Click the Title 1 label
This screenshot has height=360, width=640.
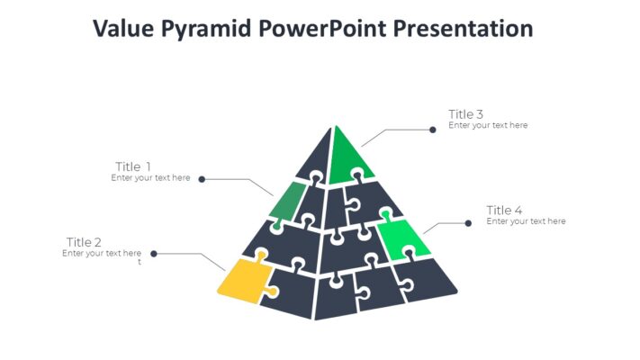point(133,166)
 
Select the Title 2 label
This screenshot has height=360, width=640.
point(84,242)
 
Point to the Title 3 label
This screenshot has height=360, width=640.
point(466,114)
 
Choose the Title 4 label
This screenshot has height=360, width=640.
point(504,211)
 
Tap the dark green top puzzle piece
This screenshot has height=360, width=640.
point(347,157)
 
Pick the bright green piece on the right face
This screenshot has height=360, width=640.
point(402,237)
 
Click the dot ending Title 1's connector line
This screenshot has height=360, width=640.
point(202,179)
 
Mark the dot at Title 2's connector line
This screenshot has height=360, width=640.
point(154,254)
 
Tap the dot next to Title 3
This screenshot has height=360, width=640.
point(433,129)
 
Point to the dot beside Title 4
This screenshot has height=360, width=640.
point(468,223)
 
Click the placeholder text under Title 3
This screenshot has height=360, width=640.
point(488,126)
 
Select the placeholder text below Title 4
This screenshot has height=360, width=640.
point(526,221)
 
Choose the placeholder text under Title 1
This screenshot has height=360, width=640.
point(150,178)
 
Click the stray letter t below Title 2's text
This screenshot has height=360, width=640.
point(139,263)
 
